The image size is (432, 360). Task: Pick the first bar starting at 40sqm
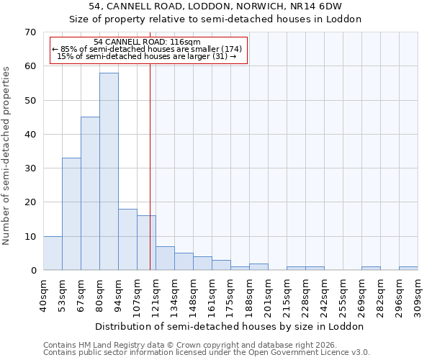[x=53, y=253]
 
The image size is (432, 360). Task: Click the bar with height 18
[x=127, y=239]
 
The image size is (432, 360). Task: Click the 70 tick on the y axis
[x=30, y=32]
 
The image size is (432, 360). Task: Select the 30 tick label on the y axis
[x=30, y=168]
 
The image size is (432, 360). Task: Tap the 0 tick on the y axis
[x=32, y=271]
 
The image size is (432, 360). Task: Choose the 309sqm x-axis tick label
[x=418, y=295]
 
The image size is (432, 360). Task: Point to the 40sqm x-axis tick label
[x=44, y=295]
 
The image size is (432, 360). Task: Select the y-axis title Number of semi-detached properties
[x=6, y=155]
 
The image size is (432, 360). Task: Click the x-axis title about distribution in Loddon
[x=230, y=326]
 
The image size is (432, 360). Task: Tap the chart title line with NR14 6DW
[x=215, y=6]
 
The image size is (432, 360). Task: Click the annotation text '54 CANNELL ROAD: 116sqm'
[x=148, y=42]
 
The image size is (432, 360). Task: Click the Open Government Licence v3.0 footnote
[x=207, y=353]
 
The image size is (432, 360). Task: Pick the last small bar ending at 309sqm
[x=408, y=269]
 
